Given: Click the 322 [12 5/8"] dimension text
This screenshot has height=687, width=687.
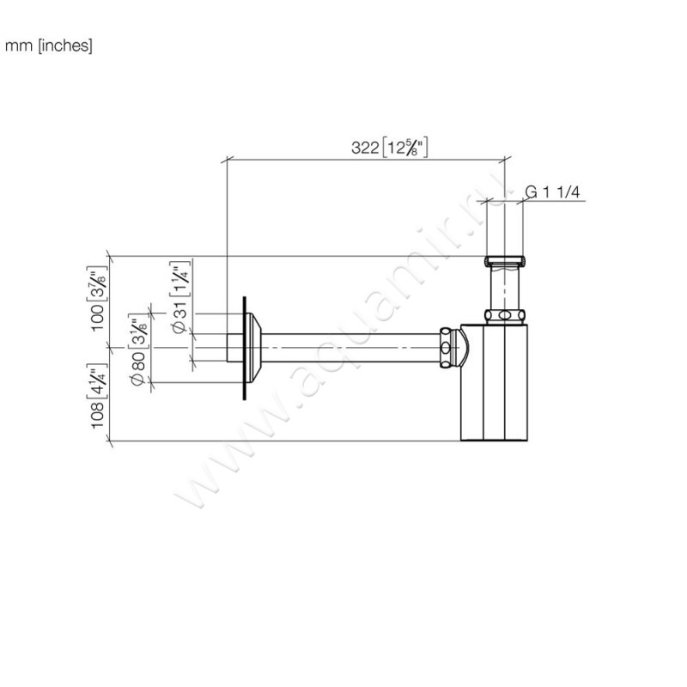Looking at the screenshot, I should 389,148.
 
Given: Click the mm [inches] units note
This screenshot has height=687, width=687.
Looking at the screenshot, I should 49,46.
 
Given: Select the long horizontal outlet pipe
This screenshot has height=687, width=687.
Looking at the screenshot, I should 352,348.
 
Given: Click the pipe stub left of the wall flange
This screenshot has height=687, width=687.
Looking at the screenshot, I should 234,348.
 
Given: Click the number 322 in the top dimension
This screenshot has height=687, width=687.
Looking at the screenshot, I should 365,148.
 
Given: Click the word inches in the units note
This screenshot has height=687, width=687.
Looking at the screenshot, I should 67,46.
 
